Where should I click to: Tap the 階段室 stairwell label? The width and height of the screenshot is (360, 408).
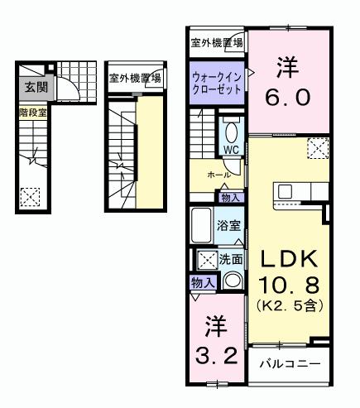[x=32, y=110]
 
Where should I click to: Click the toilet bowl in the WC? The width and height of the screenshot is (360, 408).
[x=231, y=132]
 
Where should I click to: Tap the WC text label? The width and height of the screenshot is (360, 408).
[x=230, y=150]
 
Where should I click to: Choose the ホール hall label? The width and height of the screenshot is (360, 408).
[x=218, y=175]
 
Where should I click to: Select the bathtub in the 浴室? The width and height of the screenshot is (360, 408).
[x=201, y=226]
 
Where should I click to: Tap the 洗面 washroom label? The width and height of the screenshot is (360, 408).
[x=231, y=259]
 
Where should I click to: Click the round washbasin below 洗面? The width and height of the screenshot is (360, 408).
[x=233, y=281]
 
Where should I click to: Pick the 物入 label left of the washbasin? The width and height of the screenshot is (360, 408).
[x=202, y=283]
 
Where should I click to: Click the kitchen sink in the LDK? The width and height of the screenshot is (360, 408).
[x=286, y=192]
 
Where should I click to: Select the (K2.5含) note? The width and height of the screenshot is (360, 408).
[x=288, y=305]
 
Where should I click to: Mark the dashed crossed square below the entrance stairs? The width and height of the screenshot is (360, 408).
[x=31, y=197]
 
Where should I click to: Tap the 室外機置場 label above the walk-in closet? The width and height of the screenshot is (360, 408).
[x=216, y=42]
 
